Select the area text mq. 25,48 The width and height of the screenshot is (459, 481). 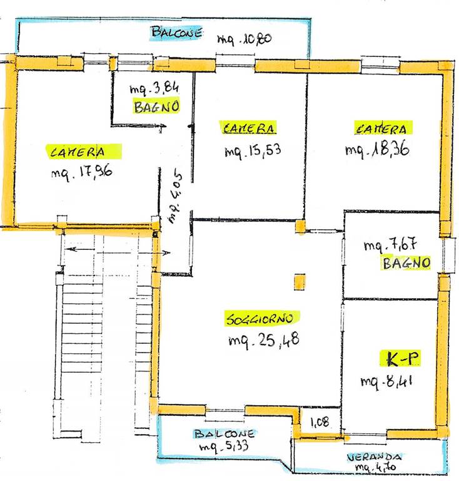[264, 340]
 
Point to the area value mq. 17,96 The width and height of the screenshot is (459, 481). [81, 173]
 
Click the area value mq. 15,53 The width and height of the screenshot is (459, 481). [253, 150]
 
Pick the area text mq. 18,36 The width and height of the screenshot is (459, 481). [377, 150]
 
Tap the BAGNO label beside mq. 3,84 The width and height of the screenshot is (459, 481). [156, 106]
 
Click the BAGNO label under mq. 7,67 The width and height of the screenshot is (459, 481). [406, 263]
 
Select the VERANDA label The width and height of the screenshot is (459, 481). [374, 457]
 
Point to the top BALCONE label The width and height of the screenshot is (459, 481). [177, 33]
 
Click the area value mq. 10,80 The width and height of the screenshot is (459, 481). [244, 39]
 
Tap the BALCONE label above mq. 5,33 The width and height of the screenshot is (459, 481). [224, 434]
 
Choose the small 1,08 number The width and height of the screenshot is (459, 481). [320, 422]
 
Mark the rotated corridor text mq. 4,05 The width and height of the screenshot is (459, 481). [175, 197]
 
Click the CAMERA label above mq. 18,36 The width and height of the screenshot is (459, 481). [382, 128]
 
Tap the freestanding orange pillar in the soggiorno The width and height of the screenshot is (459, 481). [300, 282]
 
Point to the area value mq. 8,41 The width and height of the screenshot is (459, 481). [386, 382]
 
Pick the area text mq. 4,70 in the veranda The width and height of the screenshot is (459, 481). [375, 467]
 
